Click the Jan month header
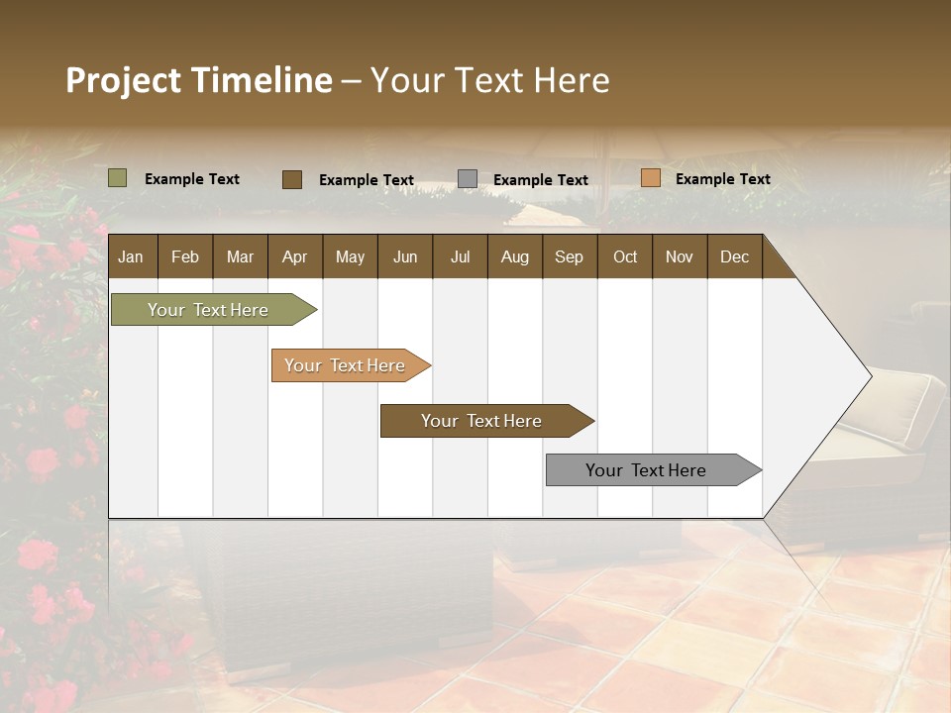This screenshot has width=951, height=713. [x=131, y=256]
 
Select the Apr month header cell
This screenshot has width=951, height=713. [x=295, y=256]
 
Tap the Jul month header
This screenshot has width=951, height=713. [x=460, y=256]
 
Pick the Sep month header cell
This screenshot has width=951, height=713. [x=569, y=256]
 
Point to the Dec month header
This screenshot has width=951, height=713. [x=734, y=256]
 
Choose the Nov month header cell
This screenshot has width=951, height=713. [x=679, y=256]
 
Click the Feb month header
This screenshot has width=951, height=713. [x=185, y=256]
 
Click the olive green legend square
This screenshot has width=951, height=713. [x=118, y=178]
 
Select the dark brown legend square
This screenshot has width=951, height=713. [x=292, y=179]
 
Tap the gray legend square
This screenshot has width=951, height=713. [x=468, y=179]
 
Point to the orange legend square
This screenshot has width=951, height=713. [x=650, y=178]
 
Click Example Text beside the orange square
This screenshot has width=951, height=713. [x=722, y=179]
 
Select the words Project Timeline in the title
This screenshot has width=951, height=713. [x=199, y=80]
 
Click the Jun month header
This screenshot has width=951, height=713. [x=405, y=256]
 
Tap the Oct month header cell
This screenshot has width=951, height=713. [x=625, y=256]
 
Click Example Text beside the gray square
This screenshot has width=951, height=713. [x=540, y=180]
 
